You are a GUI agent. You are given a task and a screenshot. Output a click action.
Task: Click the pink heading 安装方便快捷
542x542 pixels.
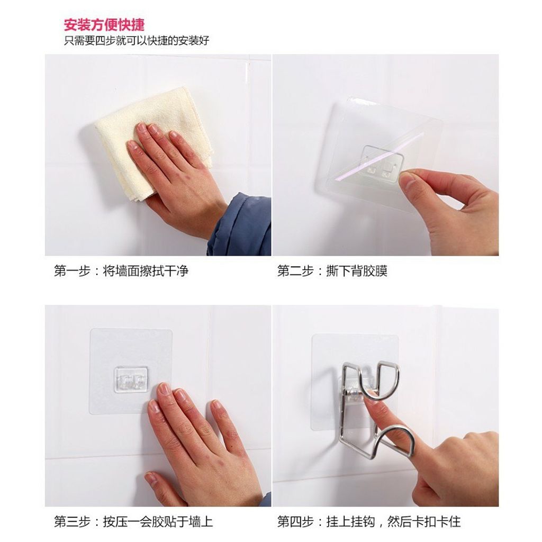pyautogui.click(x=104, y=24)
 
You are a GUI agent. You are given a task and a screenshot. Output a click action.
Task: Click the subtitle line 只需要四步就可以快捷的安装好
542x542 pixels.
pyautogui.click(x=137, y=41)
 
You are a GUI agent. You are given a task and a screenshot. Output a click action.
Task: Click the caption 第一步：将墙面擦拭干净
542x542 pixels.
pyautogui.click(x=121, y=270)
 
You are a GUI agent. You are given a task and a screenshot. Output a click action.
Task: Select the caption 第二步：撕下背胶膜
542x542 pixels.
pyautogui.click(x=332, y=270)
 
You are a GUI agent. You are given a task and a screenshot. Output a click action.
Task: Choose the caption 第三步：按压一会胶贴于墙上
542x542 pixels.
pyautogui.click(x=133, y=521)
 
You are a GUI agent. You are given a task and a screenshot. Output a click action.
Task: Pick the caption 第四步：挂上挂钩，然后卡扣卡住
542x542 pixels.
pyautogui.click(x=369, y=521)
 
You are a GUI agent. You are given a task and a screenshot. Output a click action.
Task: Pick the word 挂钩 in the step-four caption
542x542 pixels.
pyautogui.click(x=363, y=521)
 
